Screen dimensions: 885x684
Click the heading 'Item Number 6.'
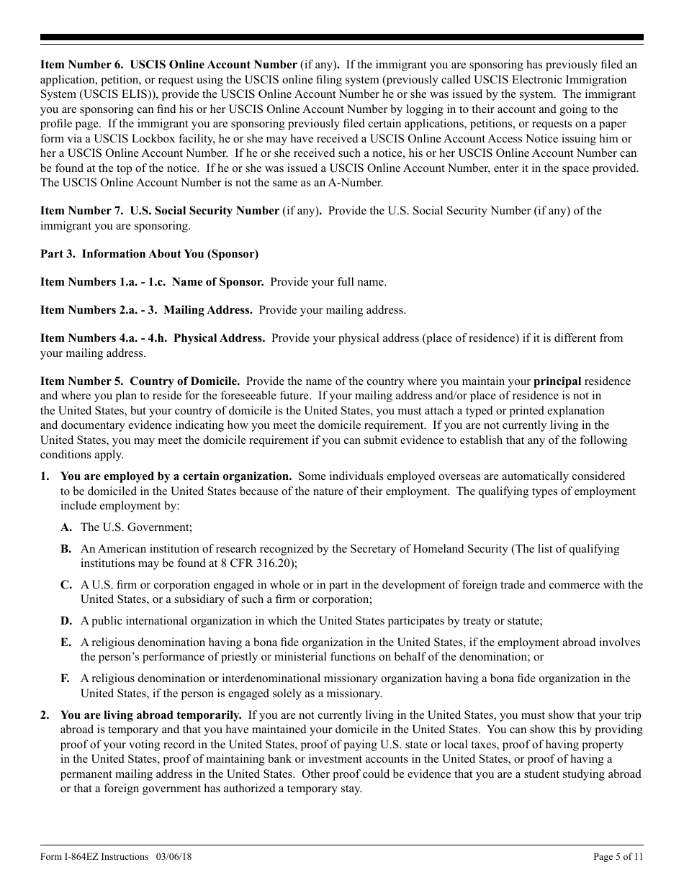pos(81,65)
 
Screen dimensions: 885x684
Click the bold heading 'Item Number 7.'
pos(81,211)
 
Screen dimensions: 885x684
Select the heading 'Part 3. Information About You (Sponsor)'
pos(149,254)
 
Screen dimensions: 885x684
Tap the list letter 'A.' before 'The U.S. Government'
pos(66,527)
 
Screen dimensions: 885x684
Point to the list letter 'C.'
pos(66,585)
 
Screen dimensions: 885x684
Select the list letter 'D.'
pos(66,621)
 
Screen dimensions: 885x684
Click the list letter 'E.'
pos(66,643)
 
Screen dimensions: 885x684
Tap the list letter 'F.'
pos(66,678)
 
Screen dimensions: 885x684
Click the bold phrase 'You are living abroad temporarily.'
pos(151,715)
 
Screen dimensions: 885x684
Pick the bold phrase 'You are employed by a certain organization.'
pos(176,476)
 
